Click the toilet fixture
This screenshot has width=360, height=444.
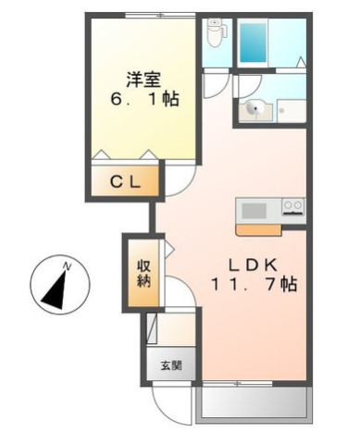[x=217, y=33]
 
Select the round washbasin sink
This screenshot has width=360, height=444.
[x=253, y=109]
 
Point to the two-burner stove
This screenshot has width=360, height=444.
[x=293, y=205]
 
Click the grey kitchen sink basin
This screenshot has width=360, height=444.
[x=254, y=209]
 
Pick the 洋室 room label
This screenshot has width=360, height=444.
[x=142, y=78]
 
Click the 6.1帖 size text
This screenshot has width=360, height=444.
[x=142, y=98]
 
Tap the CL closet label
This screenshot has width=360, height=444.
[x=126, y=182]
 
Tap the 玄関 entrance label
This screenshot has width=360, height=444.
[x=170, y=364]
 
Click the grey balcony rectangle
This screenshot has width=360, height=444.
[x=252, y=403]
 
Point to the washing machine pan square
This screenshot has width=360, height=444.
[x=291, y=110]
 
